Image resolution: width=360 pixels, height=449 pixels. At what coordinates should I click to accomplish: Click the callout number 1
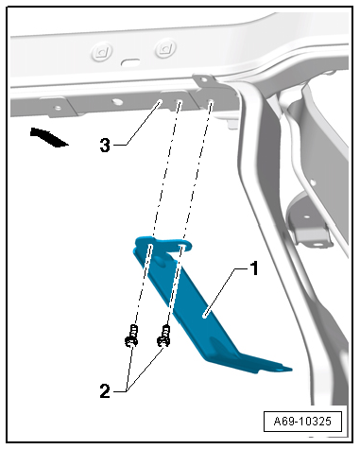point(253,268)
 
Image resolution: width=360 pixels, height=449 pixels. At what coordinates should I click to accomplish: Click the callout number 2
point(105,391)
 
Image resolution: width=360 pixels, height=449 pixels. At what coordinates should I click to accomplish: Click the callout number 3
point(105,146)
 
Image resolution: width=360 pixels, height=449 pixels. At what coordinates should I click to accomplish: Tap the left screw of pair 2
point(131,337)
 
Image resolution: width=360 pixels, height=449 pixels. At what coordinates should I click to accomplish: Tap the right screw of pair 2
point(163,337)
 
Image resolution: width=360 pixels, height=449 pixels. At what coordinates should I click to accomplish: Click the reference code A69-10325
point(302,422)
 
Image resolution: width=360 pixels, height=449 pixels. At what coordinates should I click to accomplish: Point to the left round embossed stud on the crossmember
point(101,52)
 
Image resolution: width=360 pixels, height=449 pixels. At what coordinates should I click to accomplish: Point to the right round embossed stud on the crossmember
point(165,48)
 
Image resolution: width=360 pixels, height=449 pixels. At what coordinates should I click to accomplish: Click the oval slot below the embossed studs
point(130,61)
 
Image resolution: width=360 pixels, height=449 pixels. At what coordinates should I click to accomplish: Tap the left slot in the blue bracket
point(151,246)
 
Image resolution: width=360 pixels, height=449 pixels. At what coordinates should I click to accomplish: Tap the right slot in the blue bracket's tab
point(182,245)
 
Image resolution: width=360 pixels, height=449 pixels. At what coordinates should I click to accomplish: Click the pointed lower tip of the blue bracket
point(290,369)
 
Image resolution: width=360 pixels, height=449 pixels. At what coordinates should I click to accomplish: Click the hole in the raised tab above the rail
point(204,78)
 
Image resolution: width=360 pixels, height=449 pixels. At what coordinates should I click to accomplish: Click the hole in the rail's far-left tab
point(58,108)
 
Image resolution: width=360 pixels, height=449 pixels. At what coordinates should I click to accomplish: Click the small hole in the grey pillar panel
point(313,181)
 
